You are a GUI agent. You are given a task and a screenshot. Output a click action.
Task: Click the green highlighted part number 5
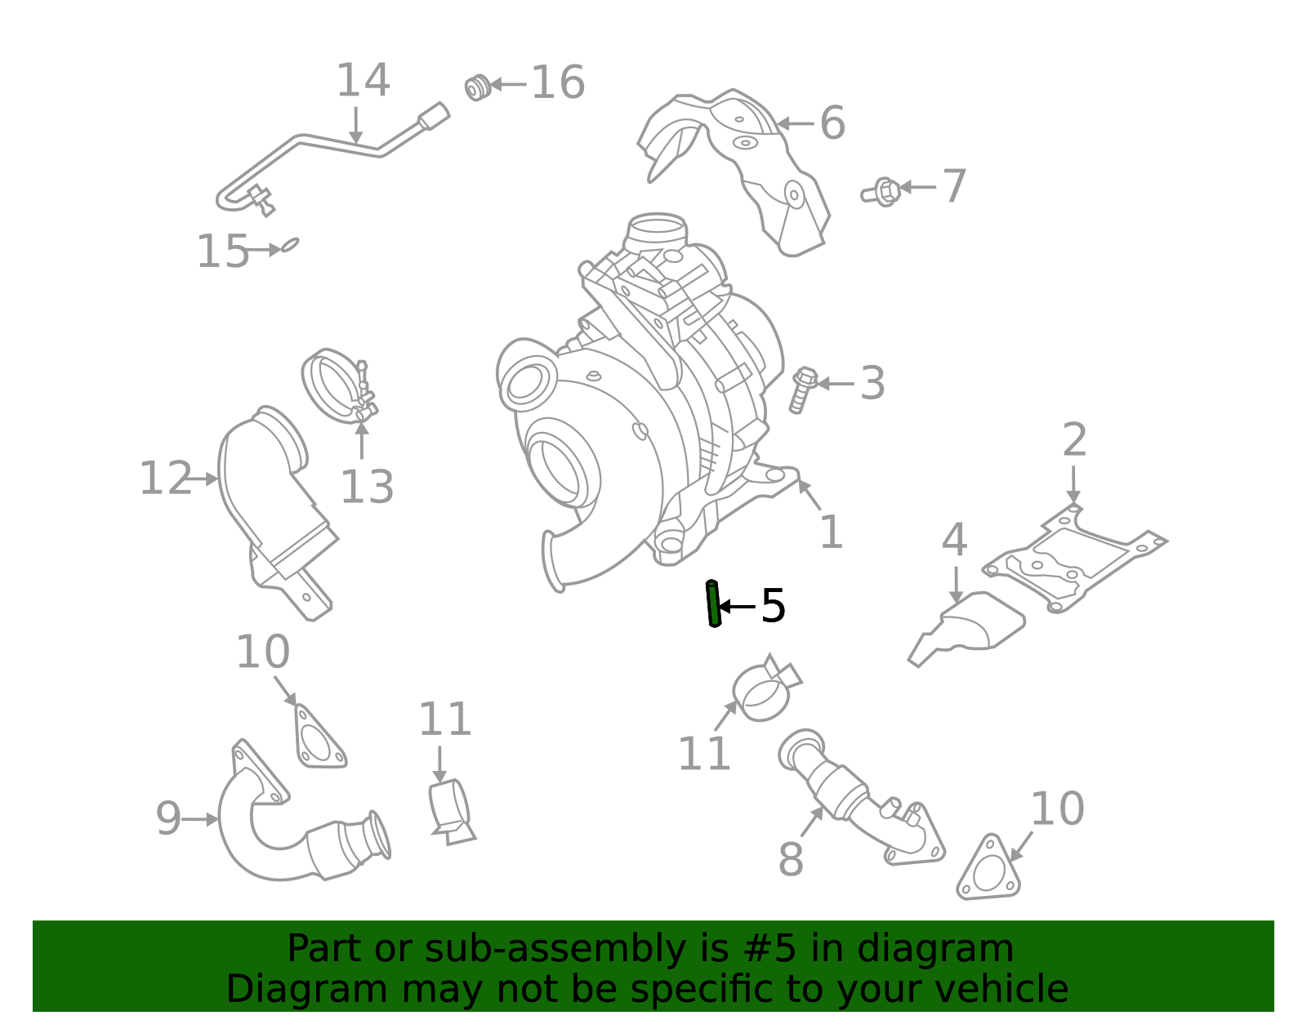(x=713, y=604)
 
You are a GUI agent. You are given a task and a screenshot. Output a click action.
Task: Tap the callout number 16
(x=558, y=83)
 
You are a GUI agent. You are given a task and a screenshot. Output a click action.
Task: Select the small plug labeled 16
(x=477, y=87)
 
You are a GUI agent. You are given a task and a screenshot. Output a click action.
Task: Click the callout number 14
(x=363, y=81)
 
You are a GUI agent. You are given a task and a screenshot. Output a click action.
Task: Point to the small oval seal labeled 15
(x=290, y=244)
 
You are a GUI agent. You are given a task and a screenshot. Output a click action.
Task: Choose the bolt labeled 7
(x=882, y=193)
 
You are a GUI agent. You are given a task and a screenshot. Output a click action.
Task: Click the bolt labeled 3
(x=802, y=389)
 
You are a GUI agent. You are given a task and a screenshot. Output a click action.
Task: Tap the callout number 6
(x=832, y=124)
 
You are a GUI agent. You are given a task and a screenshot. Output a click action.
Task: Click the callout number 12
(x=164, y=479)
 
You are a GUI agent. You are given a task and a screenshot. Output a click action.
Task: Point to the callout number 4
(x=954, y=541)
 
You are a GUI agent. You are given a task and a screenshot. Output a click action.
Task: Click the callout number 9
(x=168, y=818)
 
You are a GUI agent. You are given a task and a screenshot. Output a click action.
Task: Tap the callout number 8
(x=791, y=859)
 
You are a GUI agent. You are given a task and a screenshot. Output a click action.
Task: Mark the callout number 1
(x=831, y=532)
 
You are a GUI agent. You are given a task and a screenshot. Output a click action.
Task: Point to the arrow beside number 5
(x=738, y=606)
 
